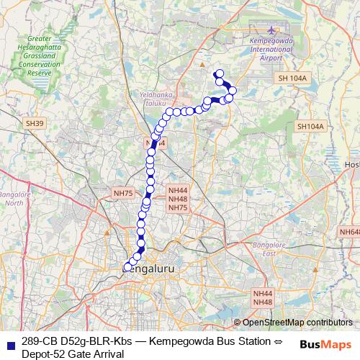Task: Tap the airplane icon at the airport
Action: coord(271,31)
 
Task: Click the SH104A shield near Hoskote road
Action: coord(311,126)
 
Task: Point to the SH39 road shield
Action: coord(35,124)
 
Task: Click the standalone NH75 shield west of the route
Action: coord(123,193)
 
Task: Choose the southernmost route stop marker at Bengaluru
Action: coord(127,267)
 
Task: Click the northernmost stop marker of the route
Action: coord(219,73)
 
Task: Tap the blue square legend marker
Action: coord(9,341)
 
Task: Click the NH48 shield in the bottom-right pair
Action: coord(263,303)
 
